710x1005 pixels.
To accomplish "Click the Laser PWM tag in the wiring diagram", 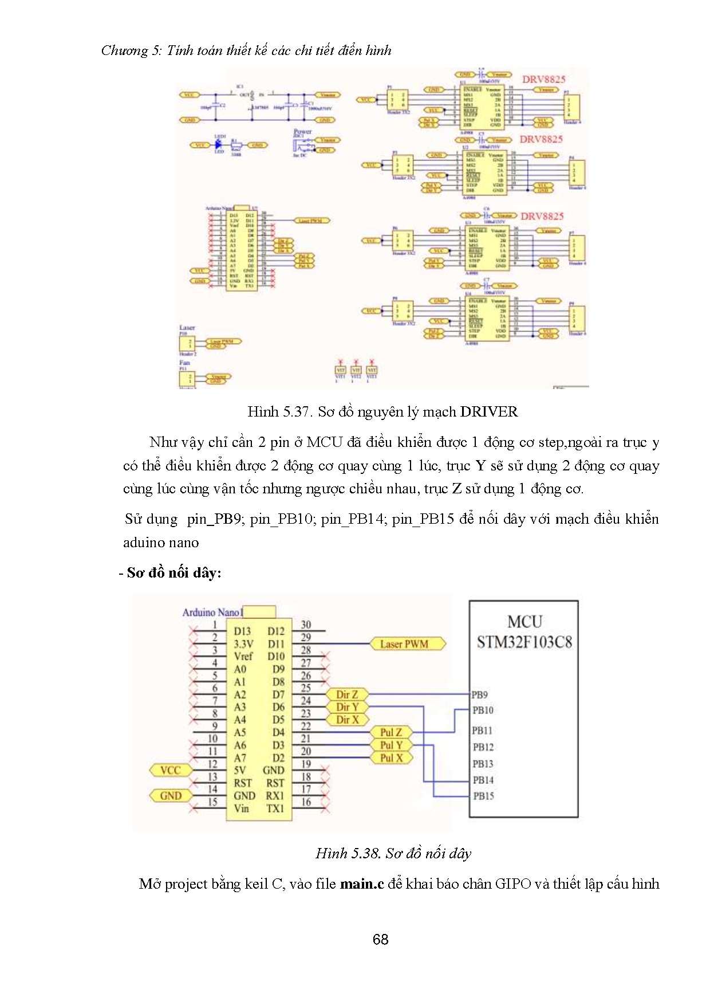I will pos(404,644).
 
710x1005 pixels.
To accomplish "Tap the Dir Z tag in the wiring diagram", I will pos(347,694).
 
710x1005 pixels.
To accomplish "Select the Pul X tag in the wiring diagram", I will pos(392,757).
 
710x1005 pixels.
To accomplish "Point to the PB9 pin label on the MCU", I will pos(479,695).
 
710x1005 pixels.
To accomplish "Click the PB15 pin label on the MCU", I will pos(483,796).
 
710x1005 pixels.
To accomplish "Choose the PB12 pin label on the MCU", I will pos(483,747).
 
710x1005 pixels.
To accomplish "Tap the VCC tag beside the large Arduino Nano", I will pos(170,770).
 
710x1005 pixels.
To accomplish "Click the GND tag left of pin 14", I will pos(171,795).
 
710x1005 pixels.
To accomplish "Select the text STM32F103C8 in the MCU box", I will pos(524,642).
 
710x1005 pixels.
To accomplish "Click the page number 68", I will pos(380,939).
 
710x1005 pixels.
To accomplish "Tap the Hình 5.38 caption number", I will pos(348,853).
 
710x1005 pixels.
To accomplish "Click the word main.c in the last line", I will pos(361,884).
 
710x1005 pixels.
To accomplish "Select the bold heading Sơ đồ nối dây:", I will pos(173,572).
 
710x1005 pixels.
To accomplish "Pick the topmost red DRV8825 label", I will pos(543,80).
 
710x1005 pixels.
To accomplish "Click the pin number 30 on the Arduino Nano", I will pos(306,625).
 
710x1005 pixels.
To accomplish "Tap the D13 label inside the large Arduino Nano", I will pos(242,631).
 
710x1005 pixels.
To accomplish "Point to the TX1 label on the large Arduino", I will pos(275,808).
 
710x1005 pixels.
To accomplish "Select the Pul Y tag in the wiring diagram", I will pos(392,745).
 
